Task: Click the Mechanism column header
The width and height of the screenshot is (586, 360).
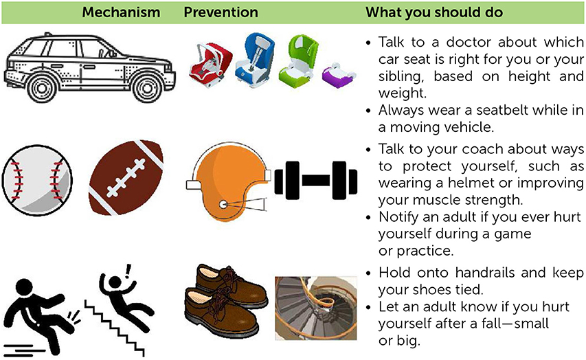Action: (121, 12)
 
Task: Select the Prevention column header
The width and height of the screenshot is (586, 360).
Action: (221, 12)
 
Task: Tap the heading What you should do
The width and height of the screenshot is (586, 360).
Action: (433, 12)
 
